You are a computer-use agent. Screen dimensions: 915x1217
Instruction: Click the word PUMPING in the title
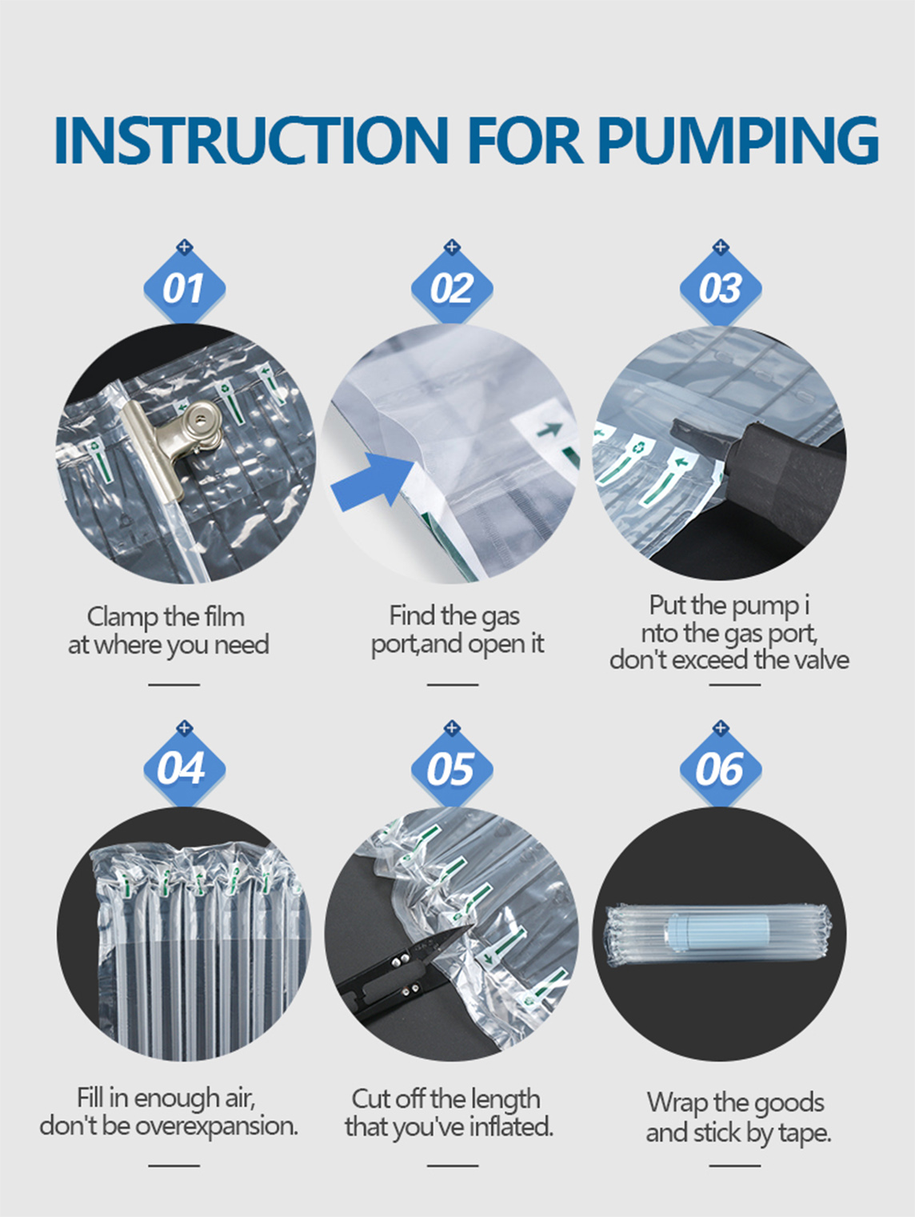[737, 140]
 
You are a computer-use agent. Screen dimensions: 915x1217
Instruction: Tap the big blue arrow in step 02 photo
[373, 480]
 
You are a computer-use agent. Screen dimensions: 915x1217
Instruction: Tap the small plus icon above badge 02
[452, 246]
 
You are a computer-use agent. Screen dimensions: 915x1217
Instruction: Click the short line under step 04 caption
[174, 1166]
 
